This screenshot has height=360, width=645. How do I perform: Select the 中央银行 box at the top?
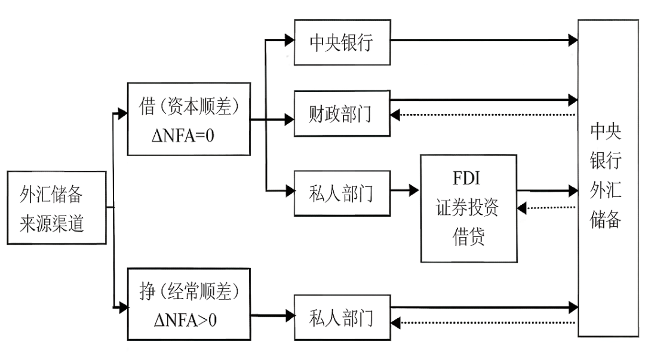click(342, 42)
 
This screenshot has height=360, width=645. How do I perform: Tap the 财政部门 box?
click(342, 113)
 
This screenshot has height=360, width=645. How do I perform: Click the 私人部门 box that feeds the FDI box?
click(342, 193)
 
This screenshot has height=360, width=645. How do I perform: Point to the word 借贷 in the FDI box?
click(468, 237)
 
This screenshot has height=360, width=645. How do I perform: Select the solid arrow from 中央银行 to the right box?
click(484, 41)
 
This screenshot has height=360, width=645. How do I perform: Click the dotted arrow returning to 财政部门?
click(484, 114)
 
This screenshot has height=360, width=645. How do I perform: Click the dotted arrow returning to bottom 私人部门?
click(484, 323)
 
